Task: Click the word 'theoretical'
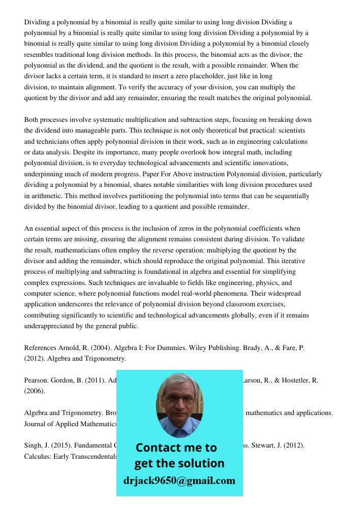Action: pyautogui.click(x=220, y=131)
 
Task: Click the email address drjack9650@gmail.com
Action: pyautogui.click(x=179, y=481)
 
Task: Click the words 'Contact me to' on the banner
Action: pyautogui.click(x=176, y=448)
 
